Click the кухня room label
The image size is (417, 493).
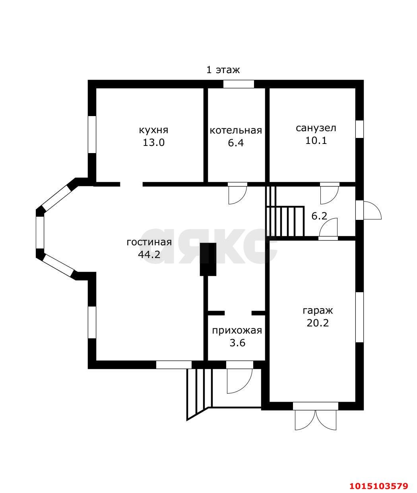[153, 130]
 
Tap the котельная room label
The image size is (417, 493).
[236, 130]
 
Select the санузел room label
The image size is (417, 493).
[316, 128]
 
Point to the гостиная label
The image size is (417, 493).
[149, 242]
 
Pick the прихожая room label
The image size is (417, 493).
[237, 330]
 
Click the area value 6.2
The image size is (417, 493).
[319, 216]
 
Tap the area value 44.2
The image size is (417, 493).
[149, 254]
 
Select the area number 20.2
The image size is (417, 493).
[318, 323]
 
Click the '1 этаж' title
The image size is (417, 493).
[223, 70]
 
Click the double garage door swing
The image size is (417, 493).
[316, 420]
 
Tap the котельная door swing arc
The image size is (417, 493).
[237, 195]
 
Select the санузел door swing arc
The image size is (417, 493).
[330, 195]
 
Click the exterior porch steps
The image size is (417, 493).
[199, 394]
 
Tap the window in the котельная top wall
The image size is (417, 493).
[239, 84]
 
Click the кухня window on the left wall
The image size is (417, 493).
[92, 135]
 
